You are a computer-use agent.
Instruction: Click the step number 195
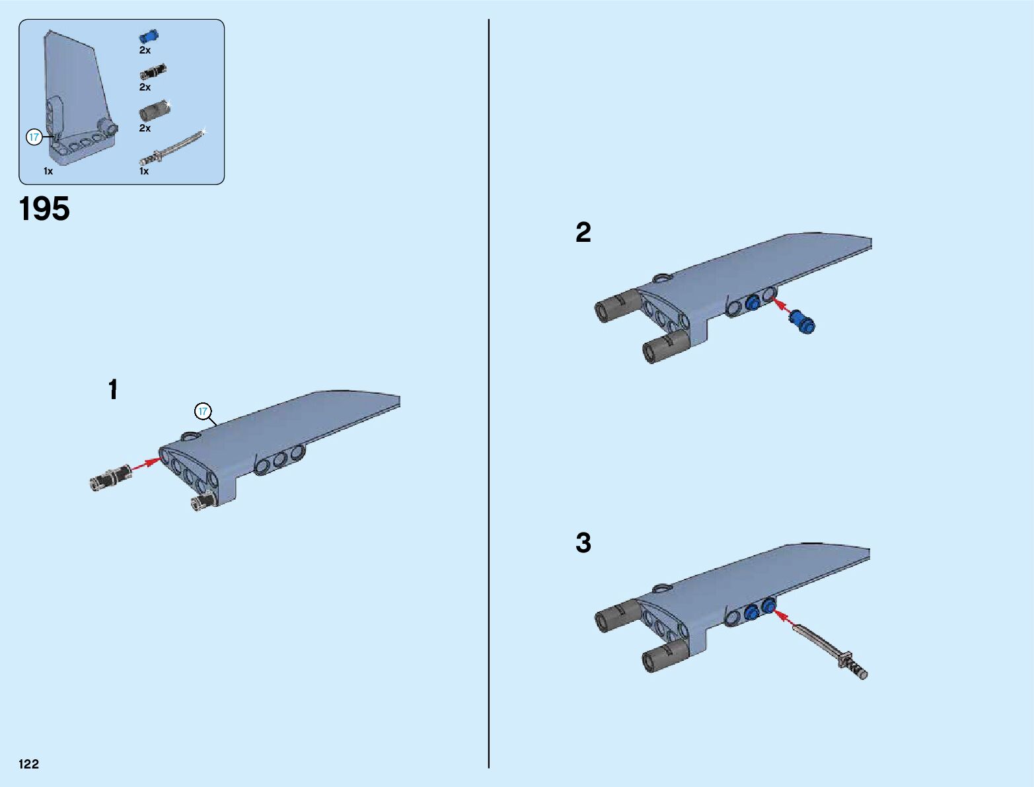pos(44,209)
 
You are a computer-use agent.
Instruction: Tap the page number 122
pos(28,763)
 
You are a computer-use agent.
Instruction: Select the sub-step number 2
pos(583,232)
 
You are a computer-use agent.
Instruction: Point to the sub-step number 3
pos(583,543)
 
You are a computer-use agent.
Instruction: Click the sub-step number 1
pos(113,389)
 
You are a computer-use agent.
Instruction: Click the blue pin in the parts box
pos(149,36)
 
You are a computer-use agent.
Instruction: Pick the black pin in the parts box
pos(153,71)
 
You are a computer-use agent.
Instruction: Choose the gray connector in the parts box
pos(155,110)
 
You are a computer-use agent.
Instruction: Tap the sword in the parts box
pos(173,148)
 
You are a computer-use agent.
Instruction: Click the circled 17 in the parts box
pos(34,137)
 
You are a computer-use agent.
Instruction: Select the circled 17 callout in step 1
pos(203,411)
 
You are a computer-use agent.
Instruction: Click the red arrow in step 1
pos(145,463)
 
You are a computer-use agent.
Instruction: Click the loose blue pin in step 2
pos(802,322)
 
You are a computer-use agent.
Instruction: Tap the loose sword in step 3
pos(830,652)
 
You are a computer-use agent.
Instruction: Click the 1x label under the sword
pos(144,171)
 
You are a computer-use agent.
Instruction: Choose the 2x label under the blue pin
pos(145,50)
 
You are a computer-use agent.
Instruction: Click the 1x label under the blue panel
pos(48,171)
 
